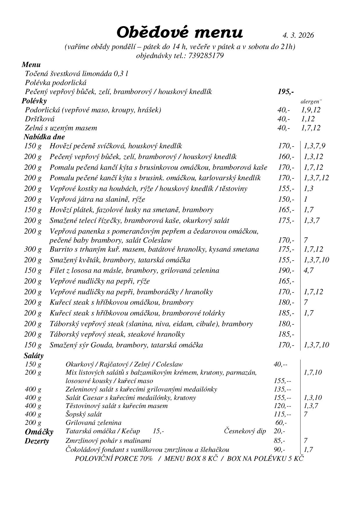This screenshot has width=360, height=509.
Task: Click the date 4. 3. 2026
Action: [298, 35]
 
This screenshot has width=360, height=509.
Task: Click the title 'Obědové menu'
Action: [179, 32]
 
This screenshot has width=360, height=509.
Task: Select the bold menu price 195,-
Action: [285, 92]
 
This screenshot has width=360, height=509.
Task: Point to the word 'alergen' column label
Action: [311, 102]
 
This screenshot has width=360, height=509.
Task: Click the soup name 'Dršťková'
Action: [40, 119]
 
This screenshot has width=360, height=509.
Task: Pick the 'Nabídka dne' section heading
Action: [44, 137]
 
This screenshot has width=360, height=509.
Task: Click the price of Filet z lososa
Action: [286, 270]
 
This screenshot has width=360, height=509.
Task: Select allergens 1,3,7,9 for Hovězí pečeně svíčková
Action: [314, 146]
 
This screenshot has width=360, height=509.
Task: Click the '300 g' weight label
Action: [33, 249]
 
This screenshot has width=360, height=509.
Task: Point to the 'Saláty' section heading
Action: [34, 355]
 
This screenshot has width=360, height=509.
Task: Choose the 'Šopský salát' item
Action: [84, 414]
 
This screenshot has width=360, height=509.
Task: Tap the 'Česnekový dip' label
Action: [245, 431]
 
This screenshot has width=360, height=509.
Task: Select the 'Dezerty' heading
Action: [37, 441]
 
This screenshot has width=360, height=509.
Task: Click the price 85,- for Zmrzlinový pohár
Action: [279, 441]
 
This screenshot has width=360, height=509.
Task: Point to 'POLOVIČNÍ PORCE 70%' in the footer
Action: [114, 459]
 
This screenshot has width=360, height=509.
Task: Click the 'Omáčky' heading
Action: [39, 432]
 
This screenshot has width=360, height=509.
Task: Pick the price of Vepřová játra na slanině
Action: [286, 199]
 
